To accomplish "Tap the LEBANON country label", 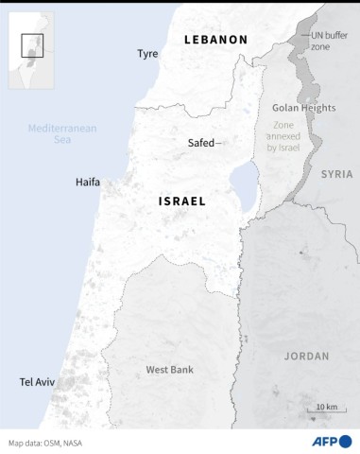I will [214, 40].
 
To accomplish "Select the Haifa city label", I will [88, 183].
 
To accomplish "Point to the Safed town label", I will [200, 144].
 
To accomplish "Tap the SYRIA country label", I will [335, 174].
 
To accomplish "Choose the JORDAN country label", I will [306, 356].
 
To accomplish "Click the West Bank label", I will [169, 369].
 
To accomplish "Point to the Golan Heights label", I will [304, 108].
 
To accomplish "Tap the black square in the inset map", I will [31, 44].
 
